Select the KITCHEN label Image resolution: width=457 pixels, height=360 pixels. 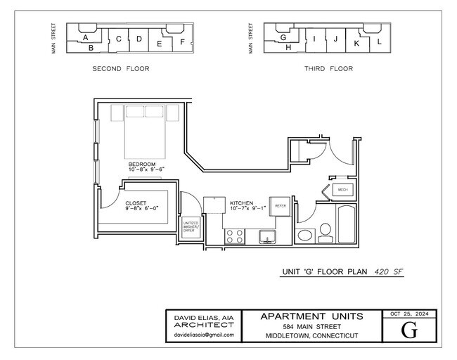(241, 202)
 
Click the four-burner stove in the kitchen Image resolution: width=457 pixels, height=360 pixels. (235, 237)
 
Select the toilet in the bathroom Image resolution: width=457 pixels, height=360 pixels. (325, 231)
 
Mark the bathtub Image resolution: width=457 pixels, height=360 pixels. (347, 225)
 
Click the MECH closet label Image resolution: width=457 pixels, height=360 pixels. (343, 190)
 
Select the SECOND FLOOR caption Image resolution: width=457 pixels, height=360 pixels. (121, 69)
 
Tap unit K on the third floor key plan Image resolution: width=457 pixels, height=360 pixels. (356, 44)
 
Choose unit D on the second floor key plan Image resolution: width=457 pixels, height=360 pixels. (139, 39)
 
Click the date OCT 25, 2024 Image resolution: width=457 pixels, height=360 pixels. (408, 314)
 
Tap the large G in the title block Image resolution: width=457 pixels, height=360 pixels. (408, 329)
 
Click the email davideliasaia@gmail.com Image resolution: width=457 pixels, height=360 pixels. (202, 336)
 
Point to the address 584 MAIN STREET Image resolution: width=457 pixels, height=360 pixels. (311, 326)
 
